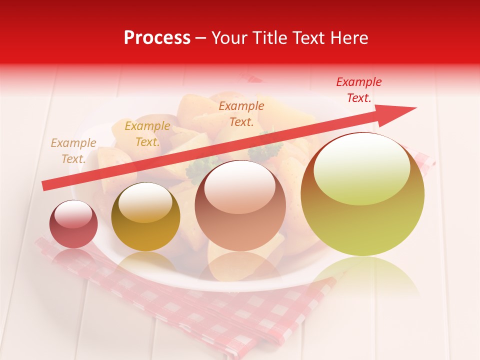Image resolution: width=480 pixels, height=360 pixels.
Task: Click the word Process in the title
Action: tap(157, 38)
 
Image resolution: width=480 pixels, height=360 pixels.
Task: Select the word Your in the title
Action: tap(228, 38)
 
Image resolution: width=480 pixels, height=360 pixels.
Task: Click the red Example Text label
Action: tap(358, 90)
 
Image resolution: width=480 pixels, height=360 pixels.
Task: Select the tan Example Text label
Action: tap(73, 151)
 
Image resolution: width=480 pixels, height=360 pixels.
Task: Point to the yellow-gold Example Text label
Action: tap(147, 134)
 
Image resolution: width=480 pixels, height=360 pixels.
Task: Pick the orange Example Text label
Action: tap(241, 113)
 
